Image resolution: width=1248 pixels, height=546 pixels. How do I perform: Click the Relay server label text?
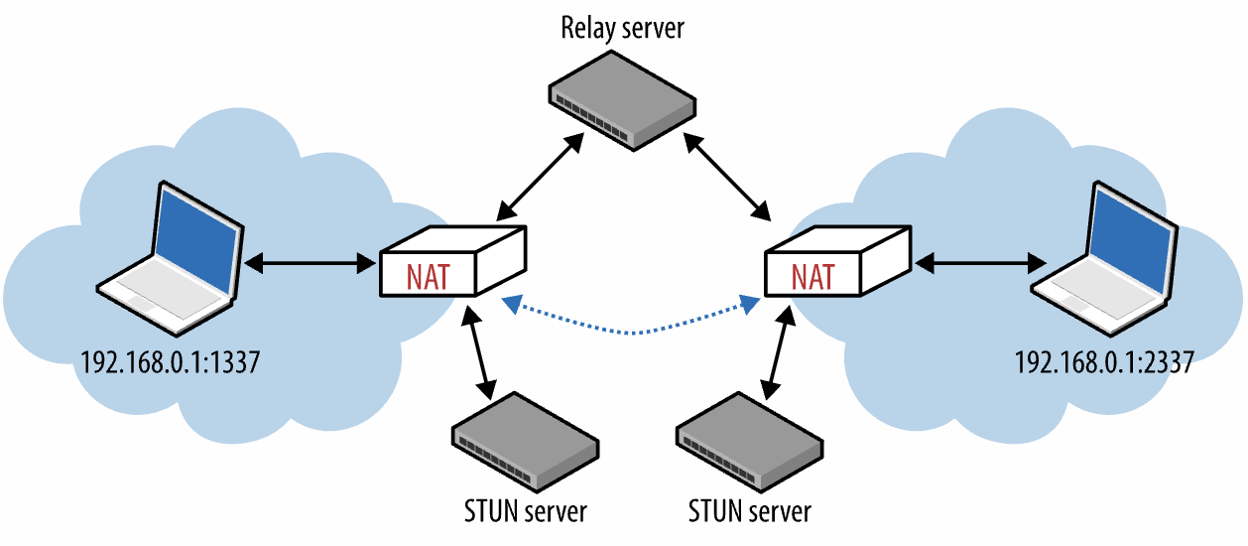click(x=622, y=27)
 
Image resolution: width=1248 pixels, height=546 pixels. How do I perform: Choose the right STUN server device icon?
click(x=749, y=441)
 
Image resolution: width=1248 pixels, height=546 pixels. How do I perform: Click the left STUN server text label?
click(x=525, y=511)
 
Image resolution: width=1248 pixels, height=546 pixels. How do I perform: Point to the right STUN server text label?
click(x=749, y=511)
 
